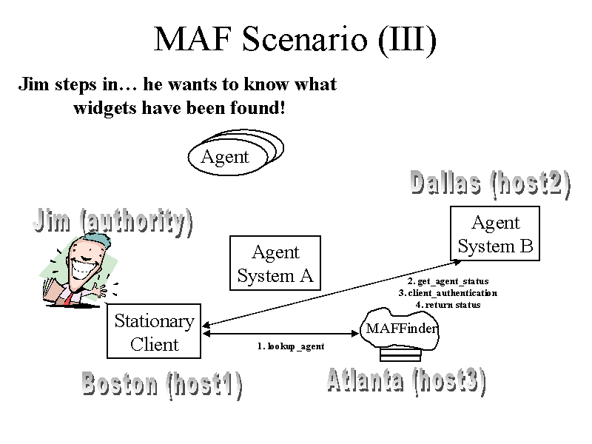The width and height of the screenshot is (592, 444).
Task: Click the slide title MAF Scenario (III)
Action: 295,40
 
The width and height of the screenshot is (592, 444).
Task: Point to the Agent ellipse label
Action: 225,157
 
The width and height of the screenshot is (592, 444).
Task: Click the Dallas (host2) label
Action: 490,184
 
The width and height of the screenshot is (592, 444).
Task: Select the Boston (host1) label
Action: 162,385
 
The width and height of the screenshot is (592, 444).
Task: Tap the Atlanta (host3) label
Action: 406,382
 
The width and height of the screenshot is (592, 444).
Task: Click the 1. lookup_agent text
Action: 291,346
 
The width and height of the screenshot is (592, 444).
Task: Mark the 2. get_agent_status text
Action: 448,281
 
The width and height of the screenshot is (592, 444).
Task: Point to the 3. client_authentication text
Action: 448,293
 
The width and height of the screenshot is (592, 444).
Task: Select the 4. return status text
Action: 448,305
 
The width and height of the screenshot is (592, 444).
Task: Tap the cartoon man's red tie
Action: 68,299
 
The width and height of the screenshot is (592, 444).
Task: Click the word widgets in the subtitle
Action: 104,109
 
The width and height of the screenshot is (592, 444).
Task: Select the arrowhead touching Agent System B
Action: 457,261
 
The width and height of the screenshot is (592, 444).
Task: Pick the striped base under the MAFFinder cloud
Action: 400,355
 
